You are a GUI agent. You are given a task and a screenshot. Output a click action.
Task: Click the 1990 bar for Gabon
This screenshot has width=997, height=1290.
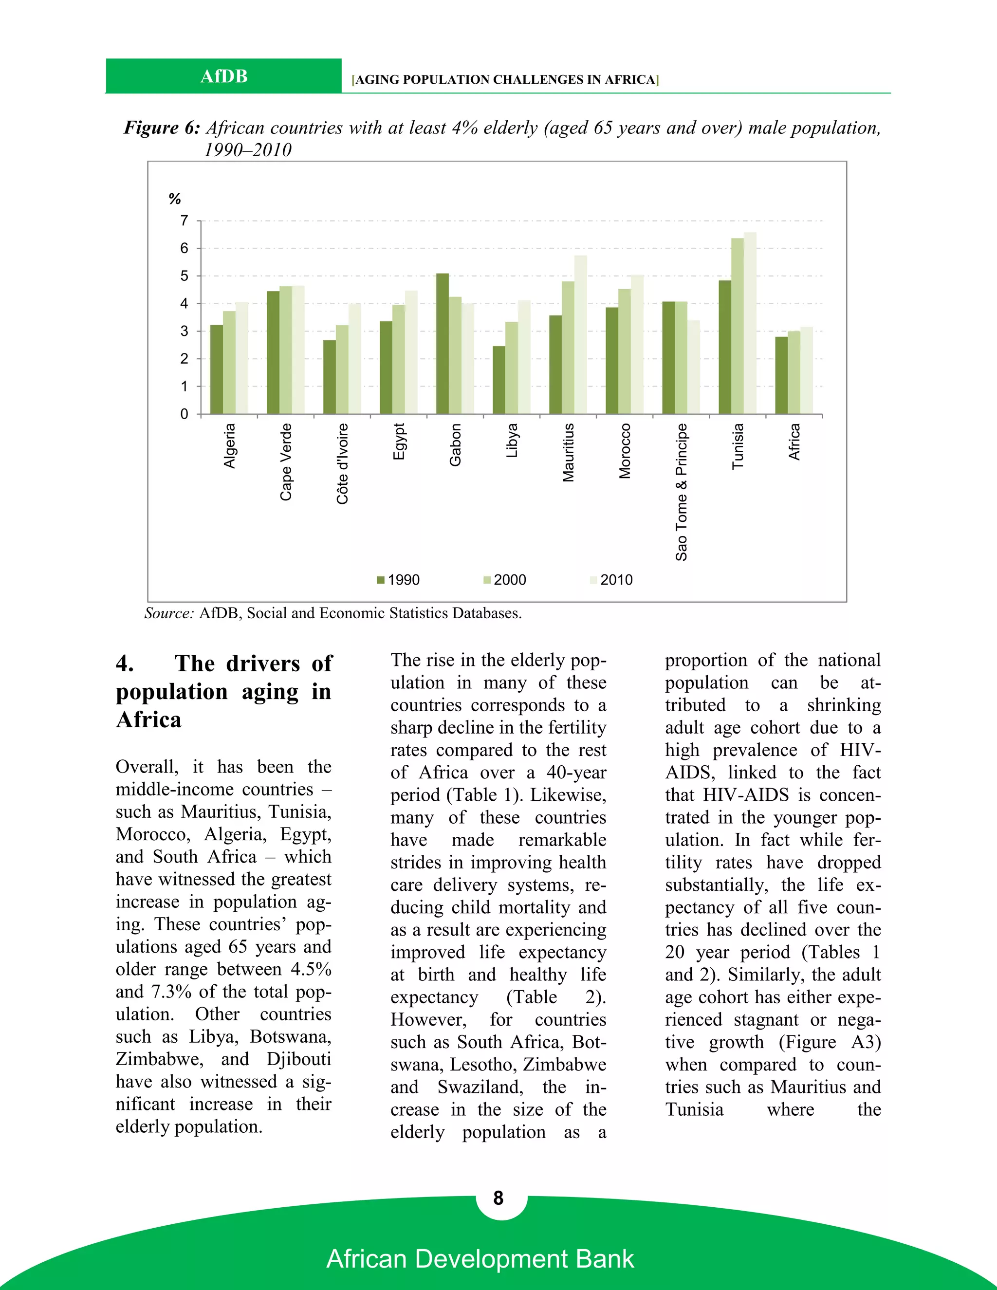[443, 344]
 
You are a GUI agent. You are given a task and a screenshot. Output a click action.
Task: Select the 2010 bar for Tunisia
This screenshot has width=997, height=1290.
[750, 323]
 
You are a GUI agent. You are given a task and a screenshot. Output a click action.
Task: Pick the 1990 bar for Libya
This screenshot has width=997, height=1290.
[499, 380]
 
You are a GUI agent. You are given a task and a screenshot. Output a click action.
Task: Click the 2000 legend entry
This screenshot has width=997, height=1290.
[505, 580]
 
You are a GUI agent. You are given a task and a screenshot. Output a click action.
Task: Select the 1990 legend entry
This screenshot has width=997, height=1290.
[399, 580]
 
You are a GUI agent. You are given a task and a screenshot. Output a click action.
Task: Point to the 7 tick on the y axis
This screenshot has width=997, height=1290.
[185, 221]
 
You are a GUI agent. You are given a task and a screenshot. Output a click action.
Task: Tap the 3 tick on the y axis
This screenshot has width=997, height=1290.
[185, 332]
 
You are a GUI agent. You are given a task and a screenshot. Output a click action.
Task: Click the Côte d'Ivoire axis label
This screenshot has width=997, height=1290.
[343, 463]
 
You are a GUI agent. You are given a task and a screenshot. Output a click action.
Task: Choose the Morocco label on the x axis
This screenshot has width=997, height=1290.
[625, 451]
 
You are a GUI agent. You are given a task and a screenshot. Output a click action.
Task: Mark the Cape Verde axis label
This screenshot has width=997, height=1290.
[286, 462]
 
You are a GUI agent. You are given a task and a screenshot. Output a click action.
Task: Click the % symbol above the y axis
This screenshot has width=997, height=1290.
[174, 199]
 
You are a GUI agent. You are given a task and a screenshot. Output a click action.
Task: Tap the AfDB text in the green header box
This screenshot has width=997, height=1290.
[223, 77]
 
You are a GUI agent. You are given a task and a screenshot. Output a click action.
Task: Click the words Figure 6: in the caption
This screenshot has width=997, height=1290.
[161, 128]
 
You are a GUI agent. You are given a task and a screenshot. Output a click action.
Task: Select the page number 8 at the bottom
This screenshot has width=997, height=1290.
[498, 1198]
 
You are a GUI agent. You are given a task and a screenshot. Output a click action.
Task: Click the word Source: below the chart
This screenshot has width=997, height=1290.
[169, 613]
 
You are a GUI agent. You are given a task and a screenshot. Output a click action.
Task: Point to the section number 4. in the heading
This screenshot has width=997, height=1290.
[125, 663]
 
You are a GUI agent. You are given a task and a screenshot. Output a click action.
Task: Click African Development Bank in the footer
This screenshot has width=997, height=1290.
[480, 1259]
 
